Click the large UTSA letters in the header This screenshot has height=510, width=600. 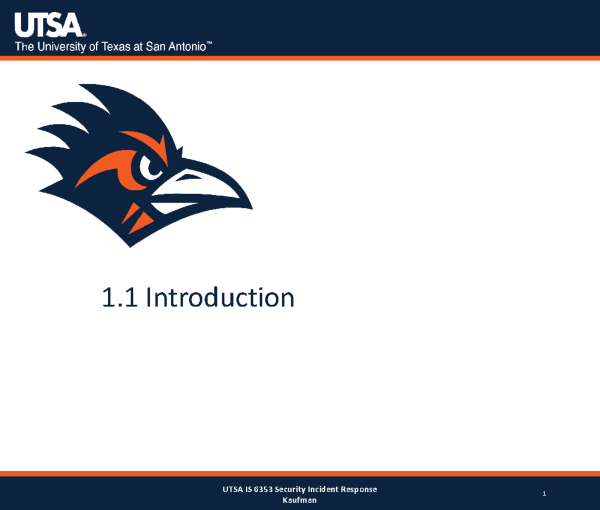[48, 25]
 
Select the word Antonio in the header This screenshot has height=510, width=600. [189, 47]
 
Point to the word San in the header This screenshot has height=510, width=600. [155, 47]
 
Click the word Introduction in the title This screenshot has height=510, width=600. [220, 297]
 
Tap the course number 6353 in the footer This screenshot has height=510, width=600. [263, 489]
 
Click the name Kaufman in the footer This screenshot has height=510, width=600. [299, 500]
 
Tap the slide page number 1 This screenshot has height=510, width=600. [544, 494]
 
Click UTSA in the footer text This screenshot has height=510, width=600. [232, 489]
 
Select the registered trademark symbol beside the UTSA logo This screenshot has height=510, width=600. [84, 35]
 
